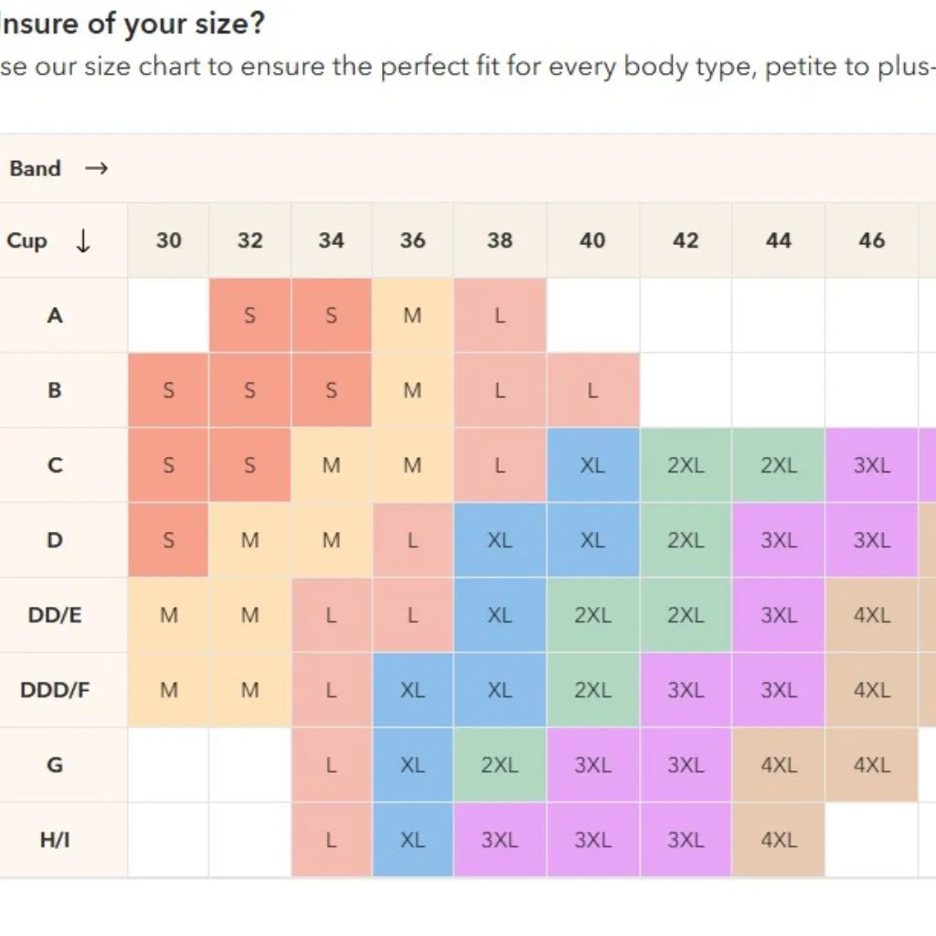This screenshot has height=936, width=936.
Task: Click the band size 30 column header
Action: [x=168, y=240]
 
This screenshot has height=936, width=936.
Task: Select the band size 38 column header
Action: [x=500, y=240]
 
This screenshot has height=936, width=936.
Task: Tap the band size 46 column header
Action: [x=872, y=240]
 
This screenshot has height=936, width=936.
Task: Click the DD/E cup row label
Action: [x=55, y=614]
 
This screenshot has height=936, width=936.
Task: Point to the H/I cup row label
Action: [x=55, y=839]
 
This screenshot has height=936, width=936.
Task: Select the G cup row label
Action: [x=55, y=764]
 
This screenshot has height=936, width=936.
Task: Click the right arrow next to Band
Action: [x=96, y=168]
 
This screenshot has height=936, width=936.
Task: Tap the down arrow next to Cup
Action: [x=83, y=241]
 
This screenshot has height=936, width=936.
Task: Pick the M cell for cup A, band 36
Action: [x=412, y=315]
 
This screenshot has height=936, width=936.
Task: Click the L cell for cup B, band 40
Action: [x=592, y=390]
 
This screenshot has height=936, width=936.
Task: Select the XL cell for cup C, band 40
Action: [x=592, y=465]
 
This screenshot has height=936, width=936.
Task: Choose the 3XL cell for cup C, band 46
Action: [x=872, y=465]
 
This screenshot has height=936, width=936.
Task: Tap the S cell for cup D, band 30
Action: [x=168, y=540]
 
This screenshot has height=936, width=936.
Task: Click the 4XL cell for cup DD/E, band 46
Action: [x=872, y=615]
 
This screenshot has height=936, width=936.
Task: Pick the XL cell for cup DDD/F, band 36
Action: [x=412, y=690]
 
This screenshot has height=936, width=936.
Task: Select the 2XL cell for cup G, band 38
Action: [x=500, y=764]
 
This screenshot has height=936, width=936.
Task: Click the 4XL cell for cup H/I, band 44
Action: [x=779, y=839]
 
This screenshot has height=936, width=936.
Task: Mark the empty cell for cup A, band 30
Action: [x=168, y=315]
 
